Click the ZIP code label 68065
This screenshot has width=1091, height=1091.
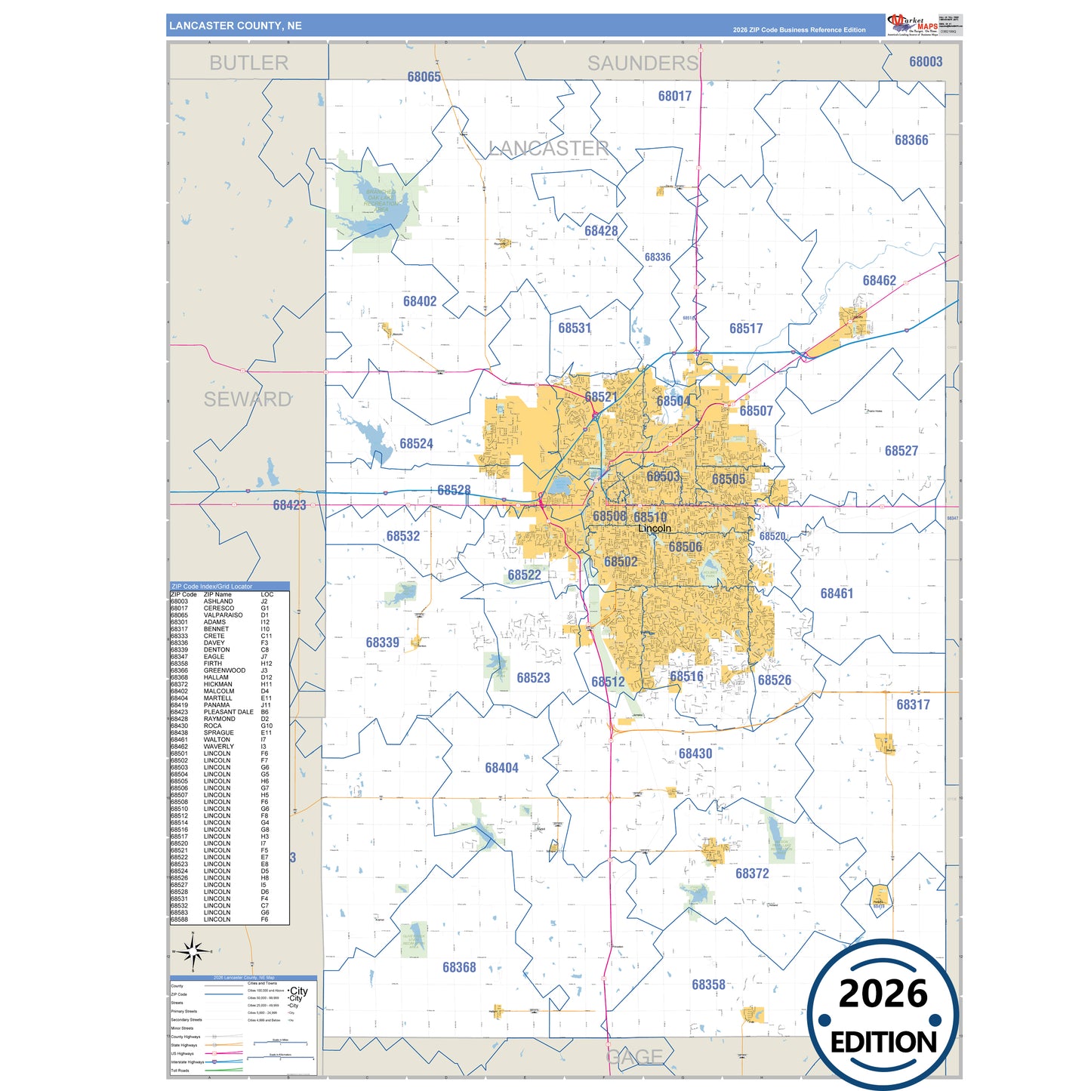point(424,77)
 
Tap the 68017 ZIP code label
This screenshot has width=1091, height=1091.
point(674,96)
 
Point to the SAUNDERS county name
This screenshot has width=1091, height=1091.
point(643,63)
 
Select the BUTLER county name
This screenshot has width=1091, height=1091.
point(248,63)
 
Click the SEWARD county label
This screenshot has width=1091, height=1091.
point(247,399)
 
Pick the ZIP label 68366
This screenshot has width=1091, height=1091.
point(911,140)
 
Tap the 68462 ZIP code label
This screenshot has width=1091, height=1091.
point(879,281)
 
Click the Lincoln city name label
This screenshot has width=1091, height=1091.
point(654,529)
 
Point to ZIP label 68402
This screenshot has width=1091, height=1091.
point(420,302)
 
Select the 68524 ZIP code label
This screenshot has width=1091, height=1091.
point(416,444)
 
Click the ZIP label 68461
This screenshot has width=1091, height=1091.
point(837,593)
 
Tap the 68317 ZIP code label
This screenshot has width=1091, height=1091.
point(913,704)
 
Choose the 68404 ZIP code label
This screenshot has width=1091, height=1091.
point(501,768)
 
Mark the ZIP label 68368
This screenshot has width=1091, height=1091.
point(459,967)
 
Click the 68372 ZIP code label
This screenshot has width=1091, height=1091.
point(752,874)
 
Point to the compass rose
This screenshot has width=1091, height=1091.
point(193,952)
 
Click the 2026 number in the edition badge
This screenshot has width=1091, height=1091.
point(883,994)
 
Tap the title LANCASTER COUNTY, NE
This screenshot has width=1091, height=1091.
point(236,26)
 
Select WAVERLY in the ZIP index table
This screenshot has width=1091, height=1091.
point(219,747)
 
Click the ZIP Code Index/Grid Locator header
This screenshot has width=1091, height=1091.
point(212,587)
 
